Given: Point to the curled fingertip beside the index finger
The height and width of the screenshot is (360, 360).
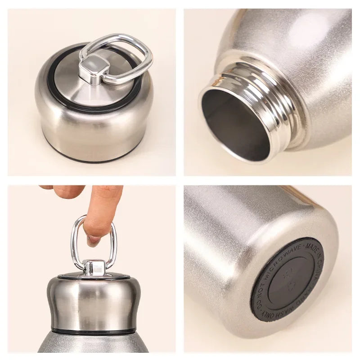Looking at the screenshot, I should tap(63, 192).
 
